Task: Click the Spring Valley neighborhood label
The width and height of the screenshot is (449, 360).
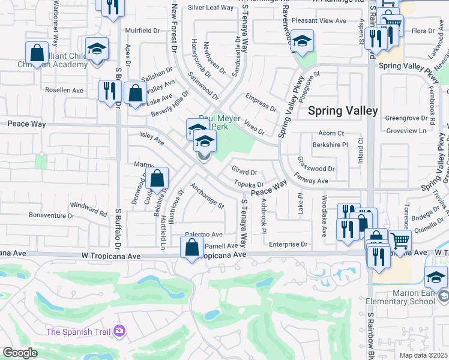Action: (343, 111)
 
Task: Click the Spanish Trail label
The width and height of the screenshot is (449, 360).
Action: (79, 331)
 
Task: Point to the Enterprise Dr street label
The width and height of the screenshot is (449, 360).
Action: (288, 244)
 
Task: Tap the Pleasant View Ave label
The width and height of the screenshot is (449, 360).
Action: (319, 21)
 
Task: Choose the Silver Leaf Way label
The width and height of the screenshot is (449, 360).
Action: (210, 7)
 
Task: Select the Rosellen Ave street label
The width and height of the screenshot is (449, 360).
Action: (64, 90)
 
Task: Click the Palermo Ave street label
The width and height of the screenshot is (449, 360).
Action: (204, 234)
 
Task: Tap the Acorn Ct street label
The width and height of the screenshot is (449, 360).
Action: (331, 133)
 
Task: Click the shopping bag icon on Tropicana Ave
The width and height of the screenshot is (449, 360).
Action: (191, 247)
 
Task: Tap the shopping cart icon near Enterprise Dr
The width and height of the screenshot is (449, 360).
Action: (400, 241)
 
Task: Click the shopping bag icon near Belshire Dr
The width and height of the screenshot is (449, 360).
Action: (157, 178)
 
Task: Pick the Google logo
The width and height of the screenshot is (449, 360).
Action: (20, 353)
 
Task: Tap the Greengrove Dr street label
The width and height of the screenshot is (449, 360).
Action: (406, 118)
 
